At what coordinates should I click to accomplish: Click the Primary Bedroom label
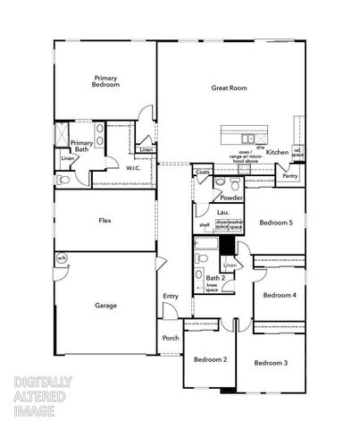coord(106,81)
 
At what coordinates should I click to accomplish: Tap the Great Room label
coord(229,88)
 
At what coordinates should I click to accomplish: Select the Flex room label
coord(105,220)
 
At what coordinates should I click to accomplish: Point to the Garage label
coord(105,306)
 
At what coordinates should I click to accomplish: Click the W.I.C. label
coord(133,167)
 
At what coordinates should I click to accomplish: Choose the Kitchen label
coord(278,152)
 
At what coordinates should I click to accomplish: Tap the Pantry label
coord(289,176)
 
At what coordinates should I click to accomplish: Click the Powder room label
coord(232,198)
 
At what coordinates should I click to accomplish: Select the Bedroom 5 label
coord(276,222)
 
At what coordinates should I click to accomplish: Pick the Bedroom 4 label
coord(280,294)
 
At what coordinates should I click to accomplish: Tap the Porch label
coord(170,340)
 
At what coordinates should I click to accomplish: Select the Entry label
coord(171,297)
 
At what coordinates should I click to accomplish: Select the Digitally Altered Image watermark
coord(44,396)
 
